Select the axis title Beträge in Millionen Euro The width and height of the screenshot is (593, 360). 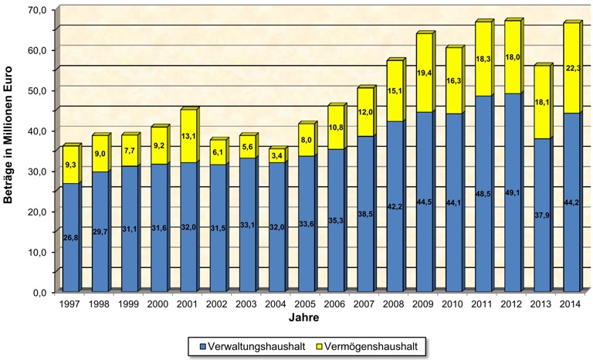click(11, 151)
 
